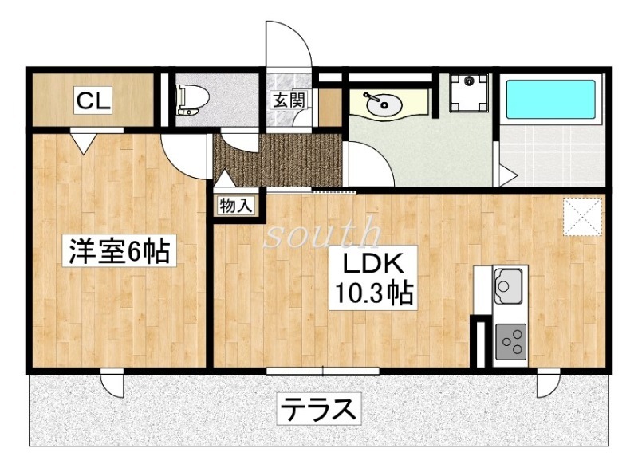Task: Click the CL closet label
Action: tap(94, 100)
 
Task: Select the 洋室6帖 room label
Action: tap(118, 252)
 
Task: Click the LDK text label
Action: tap(376, 264)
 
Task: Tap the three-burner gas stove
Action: tap(510, 342)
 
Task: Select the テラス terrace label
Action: tap(317, 411)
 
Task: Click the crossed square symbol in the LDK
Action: tap(584, 215)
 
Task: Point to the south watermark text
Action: tap(322, 233)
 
